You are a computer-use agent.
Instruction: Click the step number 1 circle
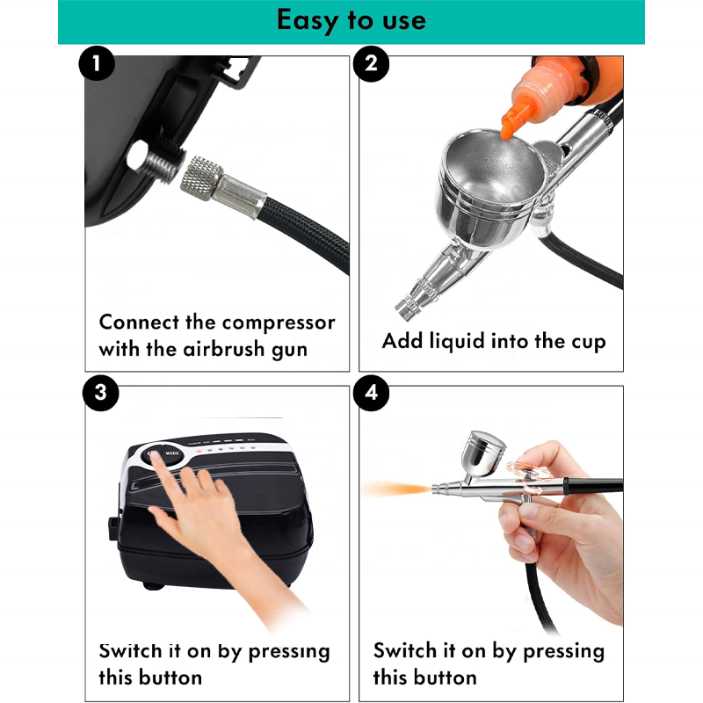point(97,63)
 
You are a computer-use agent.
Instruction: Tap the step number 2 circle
point(371,63)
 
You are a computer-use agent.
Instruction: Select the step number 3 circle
point(100,393)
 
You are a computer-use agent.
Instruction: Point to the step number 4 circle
point(371,393)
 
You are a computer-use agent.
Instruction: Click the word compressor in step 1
point(279,323)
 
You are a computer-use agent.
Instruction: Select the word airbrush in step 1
point(224,349)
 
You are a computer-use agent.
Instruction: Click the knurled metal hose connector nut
point(202,178)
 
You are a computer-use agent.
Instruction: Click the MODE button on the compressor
point(172,453)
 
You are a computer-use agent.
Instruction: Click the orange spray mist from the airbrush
point(395,489)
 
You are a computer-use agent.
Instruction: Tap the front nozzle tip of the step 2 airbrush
point(406,308)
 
